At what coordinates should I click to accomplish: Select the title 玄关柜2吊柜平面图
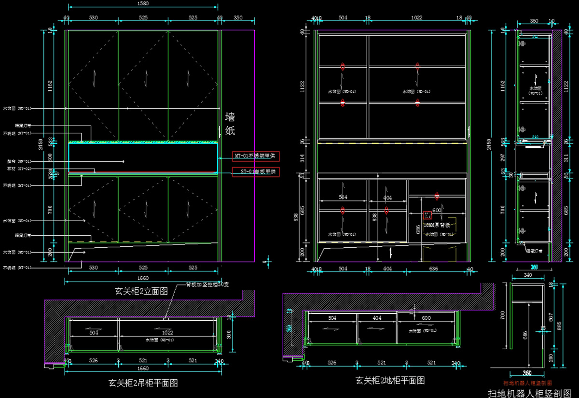pos(143,384)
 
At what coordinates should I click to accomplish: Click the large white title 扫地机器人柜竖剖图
pos(529,393)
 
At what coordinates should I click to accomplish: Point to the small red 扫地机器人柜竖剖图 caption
pos(527,383)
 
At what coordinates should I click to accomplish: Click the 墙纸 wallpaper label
pos(230,124)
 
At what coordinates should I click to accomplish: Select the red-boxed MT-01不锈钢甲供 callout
pos(256,156)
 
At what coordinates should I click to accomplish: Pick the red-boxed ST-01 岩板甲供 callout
pos(256,171)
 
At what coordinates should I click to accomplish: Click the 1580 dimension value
pos(143,3)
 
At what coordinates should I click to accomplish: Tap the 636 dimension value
pos(432,269)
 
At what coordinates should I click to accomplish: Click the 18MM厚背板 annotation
pos(437,225)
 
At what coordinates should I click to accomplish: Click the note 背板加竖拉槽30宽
pos(207,284)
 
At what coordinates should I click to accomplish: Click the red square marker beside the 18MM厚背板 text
pos(427,215)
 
